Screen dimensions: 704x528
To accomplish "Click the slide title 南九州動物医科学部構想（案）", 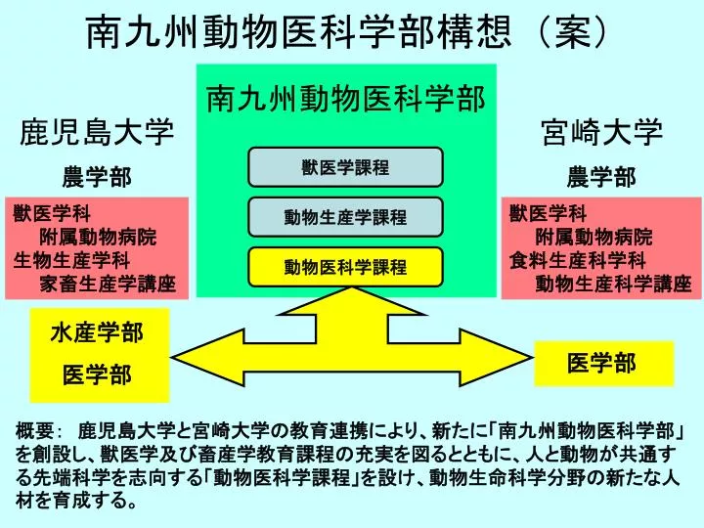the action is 346,33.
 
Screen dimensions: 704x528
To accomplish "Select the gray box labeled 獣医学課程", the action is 345,167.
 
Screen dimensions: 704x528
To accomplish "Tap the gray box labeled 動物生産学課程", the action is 345,217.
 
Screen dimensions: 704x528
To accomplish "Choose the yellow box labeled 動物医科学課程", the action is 345,267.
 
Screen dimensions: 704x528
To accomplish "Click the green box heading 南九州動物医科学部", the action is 346,99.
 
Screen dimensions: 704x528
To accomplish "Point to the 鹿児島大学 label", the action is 97,132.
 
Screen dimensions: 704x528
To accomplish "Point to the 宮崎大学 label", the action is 601,132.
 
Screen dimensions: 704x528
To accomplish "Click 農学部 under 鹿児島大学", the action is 97,177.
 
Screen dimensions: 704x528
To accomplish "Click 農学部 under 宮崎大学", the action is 601,177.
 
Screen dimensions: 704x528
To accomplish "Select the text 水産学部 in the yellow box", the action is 97,333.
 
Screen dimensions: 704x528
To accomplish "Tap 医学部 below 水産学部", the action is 97,374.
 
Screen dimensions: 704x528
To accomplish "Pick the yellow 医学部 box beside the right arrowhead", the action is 604,364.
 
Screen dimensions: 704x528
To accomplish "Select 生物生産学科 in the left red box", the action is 71,260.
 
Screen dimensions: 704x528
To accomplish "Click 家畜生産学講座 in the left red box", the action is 108,284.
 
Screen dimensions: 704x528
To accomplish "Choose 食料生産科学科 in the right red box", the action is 578,260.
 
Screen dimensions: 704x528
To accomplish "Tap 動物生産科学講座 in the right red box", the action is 613,284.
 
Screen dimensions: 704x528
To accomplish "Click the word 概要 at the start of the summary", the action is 35,431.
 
